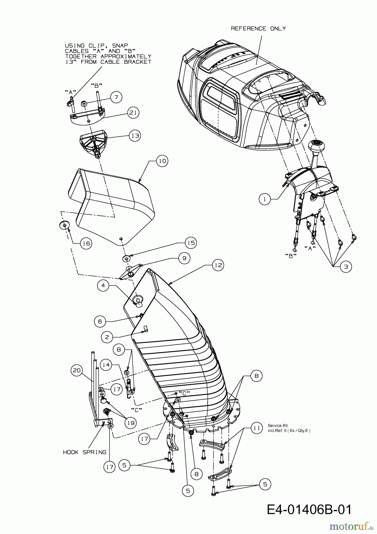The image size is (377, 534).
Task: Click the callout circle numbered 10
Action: [162, 161]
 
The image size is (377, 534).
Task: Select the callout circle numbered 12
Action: [218, 265]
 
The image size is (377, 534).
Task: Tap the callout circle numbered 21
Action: [133, 113]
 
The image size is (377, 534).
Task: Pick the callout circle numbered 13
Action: [135, 136]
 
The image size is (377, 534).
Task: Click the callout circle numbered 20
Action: [77, 370]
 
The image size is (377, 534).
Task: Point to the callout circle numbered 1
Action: [265, 199]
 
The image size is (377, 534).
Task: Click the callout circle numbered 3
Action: [346, 266]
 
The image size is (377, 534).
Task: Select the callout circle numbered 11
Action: [257, 428]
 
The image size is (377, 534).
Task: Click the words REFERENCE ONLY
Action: [258, 28]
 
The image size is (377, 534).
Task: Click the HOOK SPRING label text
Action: [84, 452]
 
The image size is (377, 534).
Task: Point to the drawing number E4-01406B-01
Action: [309, 501]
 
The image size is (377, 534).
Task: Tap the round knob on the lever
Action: [317, 146]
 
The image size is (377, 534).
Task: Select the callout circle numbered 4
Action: [103, 285]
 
